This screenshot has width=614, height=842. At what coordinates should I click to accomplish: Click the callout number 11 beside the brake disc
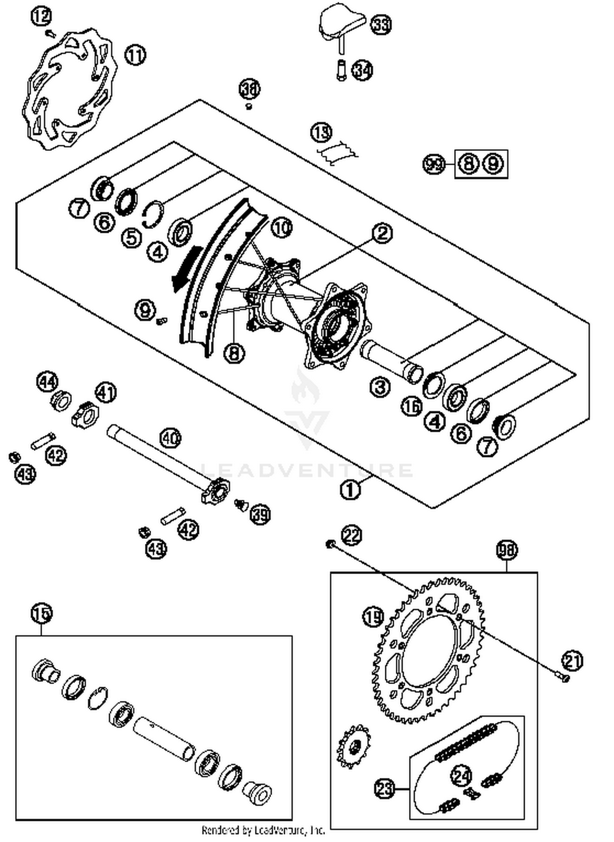135,55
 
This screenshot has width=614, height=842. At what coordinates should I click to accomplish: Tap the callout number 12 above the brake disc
41,17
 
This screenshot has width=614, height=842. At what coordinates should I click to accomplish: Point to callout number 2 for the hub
382,234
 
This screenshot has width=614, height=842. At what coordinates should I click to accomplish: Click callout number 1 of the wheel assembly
350,489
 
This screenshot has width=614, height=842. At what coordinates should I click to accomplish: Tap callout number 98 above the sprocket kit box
507,550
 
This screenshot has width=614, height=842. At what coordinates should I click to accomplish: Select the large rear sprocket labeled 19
428,650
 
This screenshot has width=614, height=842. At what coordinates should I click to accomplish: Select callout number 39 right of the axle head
260,514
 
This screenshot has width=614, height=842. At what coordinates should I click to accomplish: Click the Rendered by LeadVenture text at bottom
264,830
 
